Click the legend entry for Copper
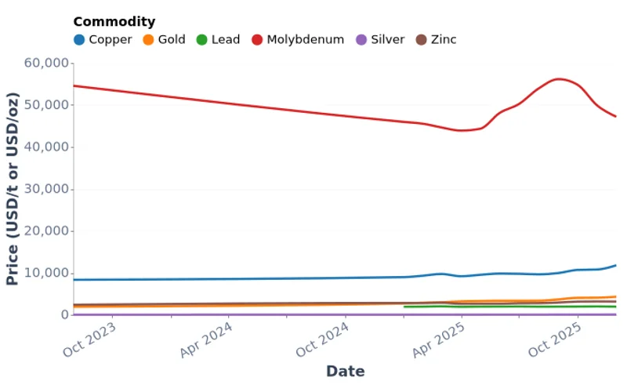click(103, 39)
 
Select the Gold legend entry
click(164, 39)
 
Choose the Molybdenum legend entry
click(298, 39)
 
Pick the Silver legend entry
click(380, 39)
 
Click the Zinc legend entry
click(436, 39)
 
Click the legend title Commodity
click(114, 22)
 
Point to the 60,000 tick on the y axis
click(45, 63)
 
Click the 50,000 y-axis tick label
click(45, 105)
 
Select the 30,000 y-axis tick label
click(45, 189)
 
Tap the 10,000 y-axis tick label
click(45, 273)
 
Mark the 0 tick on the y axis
click(63, 315)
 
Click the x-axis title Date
click(345, 372)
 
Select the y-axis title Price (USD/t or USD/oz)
click(13, 189)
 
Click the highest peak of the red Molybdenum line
click(558, 79)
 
